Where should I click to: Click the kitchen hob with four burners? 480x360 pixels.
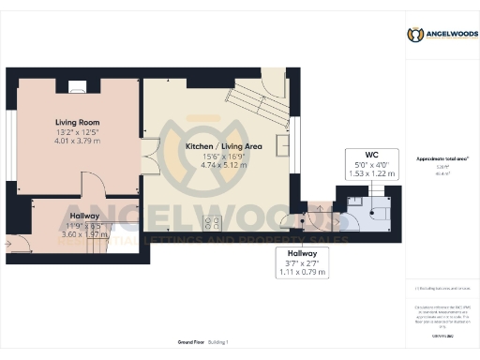(x=213, y=222)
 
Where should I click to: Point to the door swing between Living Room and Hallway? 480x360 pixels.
(x=94, y=187)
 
